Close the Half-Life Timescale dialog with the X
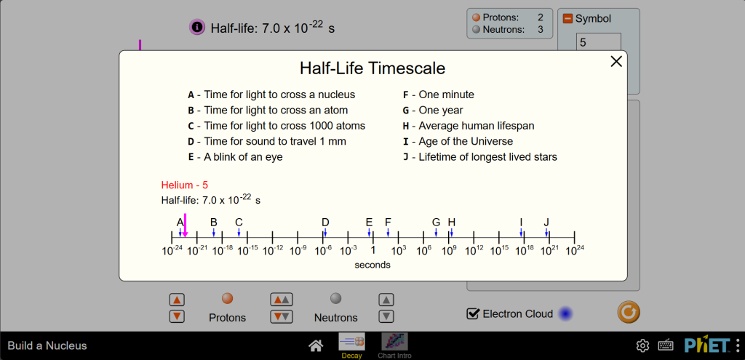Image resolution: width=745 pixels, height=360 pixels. [615, 61]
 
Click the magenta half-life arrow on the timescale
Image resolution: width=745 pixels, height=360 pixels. [185, 225]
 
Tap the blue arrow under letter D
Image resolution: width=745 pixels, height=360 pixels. [325, 232]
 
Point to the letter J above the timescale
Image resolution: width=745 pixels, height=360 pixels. [546, 223]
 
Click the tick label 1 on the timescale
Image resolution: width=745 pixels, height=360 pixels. [373, 249]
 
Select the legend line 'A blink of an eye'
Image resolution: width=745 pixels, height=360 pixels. [235, 157]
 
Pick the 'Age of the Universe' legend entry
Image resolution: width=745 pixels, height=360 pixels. [458, 141]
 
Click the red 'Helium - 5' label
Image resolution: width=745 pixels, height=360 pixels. [184, 185]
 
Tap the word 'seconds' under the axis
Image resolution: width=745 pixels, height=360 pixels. [372, 265]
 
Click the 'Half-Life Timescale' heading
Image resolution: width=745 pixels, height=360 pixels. [372, 68]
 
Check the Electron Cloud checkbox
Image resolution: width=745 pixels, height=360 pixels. [473, 313]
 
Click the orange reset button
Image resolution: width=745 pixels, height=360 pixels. [628, 312]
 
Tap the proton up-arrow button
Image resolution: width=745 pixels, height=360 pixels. [177, 300]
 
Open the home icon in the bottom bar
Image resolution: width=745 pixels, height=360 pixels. [316, 345]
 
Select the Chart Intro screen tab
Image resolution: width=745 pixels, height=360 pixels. [394, 345]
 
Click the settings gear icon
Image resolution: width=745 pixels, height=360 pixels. [642, 345]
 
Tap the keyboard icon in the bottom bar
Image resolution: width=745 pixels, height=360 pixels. [666, 345]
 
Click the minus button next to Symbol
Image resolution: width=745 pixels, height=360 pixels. [567, 18]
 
